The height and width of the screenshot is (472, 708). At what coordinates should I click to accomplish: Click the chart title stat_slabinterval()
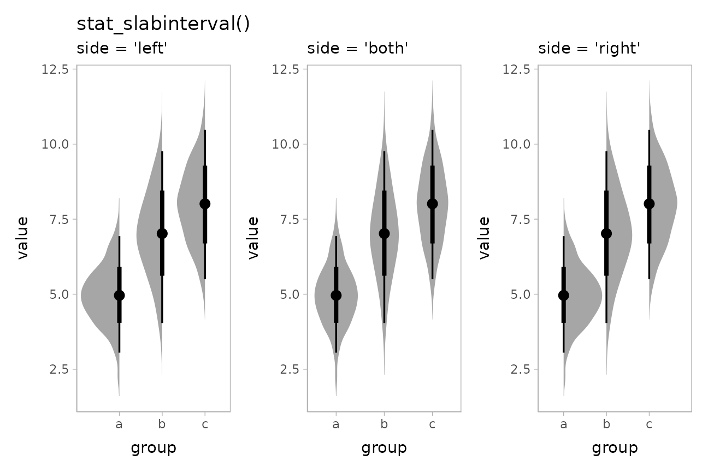163,25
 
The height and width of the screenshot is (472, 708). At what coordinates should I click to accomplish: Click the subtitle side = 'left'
122,49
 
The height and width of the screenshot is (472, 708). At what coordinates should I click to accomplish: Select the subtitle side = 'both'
358,49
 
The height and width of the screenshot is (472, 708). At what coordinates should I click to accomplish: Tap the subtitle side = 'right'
589,49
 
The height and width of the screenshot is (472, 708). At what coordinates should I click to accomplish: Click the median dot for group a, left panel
119,295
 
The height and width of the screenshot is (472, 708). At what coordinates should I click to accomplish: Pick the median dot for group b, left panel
162,233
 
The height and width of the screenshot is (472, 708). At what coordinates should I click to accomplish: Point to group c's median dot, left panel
205,203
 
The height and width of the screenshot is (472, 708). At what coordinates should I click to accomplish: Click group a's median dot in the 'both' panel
336,295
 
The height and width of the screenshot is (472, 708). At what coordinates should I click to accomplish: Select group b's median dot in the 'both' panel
384,233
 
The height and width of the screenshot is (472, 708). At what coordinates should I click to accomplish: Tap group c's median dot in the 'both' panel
432,203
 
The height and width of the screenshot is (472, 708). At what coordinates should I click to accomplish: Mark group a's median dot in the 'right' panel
563,295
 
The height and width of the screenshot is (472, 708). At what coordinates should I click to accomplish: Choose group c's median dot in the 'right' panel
649,203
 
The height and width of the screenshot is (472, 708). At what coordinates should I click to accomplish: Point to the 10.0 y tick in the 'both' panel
286,144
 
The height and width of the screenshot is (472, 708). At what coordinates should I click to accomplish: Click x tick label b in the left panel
162,424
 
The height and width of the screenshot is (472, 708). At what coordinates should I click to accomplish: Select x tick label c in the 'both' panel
432,424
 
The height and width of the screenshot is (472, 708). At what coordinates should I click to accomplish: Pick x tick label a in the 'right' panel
563,424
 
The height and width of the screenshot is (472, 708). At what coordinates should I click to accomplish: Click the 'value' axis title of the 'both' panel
253,238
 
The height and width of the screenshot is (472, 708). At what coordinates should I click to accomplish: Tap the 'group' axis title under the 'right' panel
615,449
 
